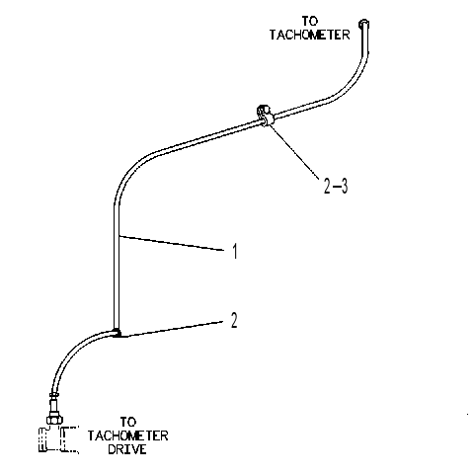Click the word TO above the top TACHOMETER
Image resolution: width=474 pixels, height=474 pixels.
click(x=310, y=22)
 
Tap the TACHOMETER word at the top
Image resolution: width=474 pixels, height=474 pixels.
click(x=310, y=35)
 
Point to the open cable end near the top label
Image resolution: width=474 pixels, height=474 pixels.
click(x=363, y=24)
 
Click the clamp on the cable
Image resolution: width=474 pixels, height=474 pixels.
click(x=265, y=115)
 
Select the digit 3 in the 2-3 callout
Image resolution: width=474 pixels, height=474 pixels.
click(x=344, y=187)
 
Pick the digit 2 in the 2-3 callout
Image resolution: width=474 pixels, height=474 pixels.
click(x=327, y=187)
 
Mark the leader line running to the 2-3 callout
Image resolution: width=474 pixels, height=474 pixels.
click(x=293, y=152)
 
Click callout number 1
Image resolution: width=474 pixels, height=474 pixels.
click(x=235, y=252)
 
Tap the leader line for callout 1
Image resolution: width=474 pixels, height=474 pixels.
click(x=171, y=243)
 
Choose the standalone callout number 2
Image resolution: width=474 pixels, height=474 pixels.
click(x=234, y=320)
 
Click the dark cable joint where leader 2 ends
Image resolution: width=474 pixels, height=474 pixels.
click(x=117, y=333)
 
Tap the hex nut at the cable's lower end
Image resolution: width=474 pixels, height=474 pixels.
click(x=54, y=420)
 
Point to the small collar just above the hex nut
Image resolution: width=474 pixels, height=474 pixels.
click(x=54, y=394)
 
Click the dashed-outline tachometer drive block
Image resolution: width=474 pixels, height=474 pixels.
click(x=58, y=439)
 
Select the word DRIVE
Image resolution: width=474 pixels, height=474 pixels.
click(x=127, y=449)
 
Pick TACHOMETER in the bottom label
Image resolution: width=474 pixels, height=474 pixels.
click(x=127, y=435)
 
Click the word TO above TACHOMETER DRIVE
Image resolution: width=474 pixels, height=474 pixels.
click(x=127, y=422)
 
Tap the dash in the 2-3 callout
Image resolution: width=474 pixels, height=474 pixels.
click(x=336, y=187)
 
